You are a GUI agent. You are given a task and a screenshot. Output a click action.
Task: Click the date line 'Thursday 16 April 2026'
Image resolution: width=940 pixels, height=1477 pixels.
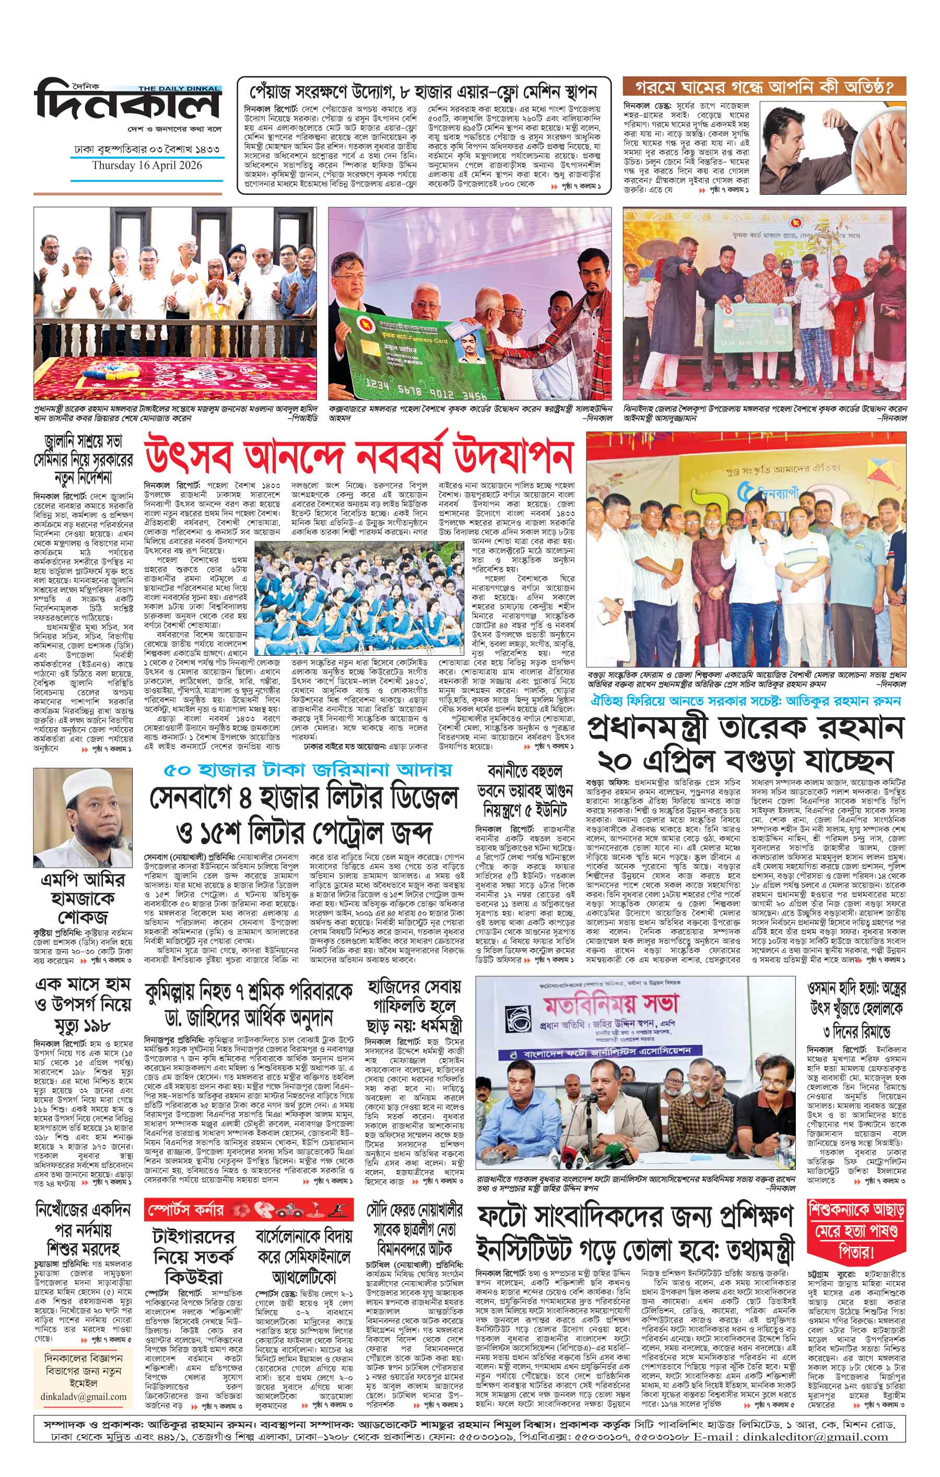pos(147,166)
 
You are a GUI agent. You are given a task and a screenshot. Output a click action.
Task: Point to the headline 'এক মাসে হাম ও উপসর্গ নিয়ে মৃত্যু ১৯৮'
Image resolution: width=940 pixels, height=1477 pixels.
pos(83,1007)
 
